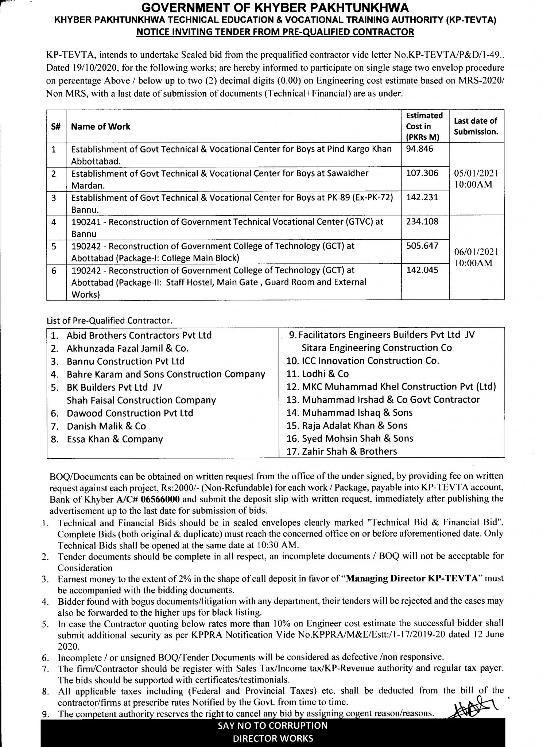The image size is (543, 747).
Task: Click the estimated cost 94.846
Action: (420, 149)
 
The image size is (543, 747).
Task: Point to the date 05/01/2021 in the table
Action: (477, 173)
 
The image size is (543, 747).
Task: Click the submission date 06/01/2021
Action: (477, 252)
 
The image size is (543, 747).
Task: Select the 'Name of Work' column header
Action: (101, 127)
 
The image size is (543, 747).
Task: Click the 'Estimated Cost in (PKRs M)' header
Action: (424, 126)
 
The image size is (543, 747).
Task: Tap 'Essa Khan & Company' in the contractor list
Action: (115, 439)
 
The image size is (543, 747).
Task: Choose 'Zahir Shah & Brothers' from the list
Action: (349, 452)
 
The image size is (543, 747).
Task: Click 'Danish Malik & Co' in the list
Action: (106, 426)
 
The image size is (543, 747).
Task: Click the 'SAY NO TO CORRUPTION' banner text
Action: (273, 725)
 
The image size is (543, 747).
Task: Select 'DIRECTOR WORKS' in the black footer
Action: (273, 739)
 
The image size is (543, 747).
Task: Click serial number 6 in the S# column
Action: (54, 271)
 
